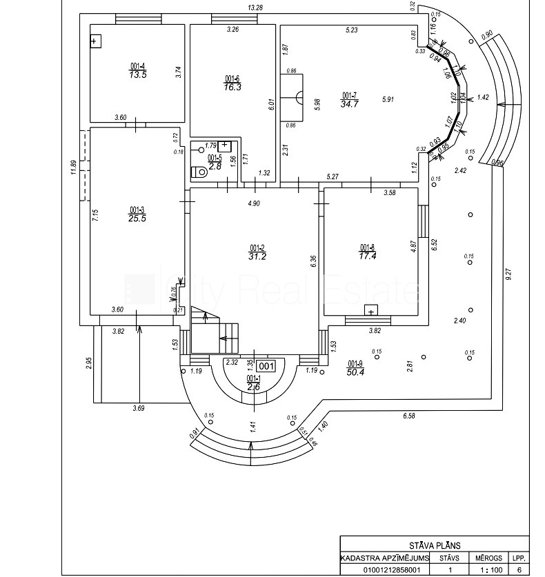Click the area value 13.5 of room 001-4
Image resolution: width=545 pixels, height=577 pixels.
click(138, 74)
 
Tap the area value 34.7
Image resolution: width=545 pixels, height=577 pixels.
click(350, 103)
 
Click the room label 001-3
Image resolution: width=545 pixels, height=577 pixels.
click(137, 210)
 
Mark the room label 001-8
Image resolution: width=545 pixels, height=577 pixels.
click(367, 247)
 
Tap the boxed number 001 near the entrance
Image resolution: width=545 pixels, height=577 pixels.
click(266, 366)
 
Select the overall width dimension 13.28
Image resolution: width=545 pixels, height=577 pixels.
click(256, 8)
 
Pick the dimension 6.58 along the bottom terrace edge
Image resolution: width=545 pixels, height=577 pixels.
click(408, 416)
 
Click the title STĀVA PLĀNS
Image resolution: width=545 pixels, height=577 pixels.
click(435, 545)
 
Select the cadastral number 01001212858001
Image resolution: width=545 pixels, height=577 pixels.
click(384, 569)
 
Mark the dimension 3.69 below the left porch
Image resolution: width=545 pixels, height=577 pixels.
click(139, 409)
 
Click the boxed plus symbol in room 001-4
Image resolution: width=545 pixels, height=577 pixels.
click(95, 41)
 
